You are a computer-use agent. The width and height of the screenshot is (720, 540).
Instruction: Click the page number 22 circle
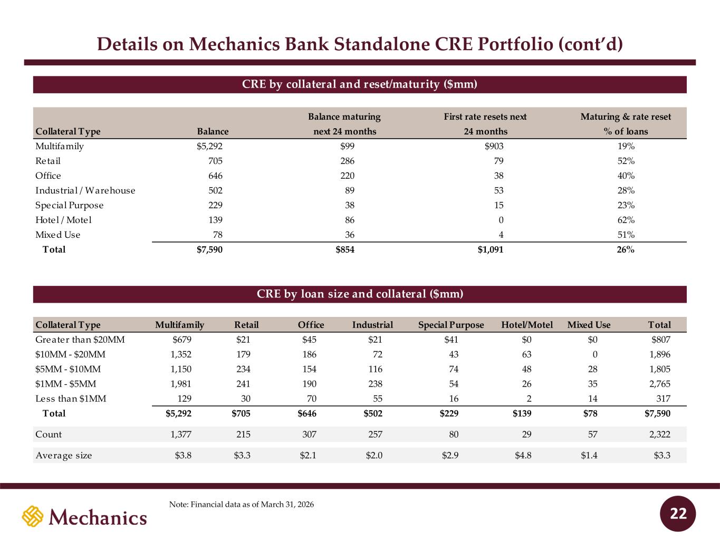click(678, 514)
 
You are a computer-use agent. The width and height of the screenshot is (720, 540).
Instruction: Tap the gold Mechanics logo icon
click(33, 516)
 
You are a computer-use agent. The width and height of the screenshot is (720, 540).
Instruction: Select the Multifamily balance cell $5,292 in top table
click(209, 146)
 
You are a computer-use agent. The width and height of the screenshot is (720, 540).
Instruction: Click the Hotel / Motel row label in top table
click(63, 220)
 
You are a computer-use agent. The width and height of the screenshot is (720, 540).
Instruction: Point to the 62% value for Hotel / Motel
click(626, 220)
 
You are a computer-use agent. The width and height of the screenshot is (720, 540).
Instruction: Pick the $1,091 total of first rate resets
click(491, 249)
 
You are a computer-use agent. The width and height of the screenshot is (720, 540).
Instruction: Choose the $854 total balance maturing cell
click(345, 249)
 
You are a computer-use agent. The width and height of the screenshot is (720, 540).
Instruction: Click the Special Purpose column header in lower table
click(451, 325)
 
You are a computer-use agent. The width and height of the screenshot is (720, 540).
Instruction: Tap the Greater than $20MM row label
click(80, 340)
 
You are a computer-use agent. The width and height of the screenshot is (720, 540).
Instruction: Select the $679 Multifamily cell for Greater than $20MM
click(182, 340)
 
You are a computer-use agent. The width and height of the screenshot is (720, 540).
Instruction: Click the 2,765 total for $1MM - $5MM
click(660, 384)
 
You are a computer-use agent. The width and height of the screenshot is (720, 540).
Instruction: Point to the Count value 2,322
click(660, 435)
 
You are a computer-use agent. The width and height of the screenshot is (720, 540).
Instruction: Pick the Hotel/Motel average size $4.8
click(523, 456)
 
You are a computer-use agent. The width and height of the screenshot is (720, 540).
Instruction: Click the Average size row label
click(64, 456)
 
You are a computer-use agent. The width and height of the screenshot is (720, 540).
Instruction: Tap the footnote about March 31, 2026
click(242, 504)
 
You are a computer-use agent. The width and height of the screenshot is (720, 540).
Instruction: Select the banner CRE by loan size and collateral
click(360, 294)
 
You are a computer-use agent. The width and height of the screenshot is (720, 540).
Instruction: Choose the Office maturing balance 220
click(348, 176)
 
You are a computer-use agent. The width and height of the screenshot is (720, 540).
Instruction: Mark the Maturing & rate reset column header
click(626, 124)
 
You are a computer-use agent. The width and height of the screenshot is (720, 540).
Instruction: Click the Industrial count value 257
click(375, 435)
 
